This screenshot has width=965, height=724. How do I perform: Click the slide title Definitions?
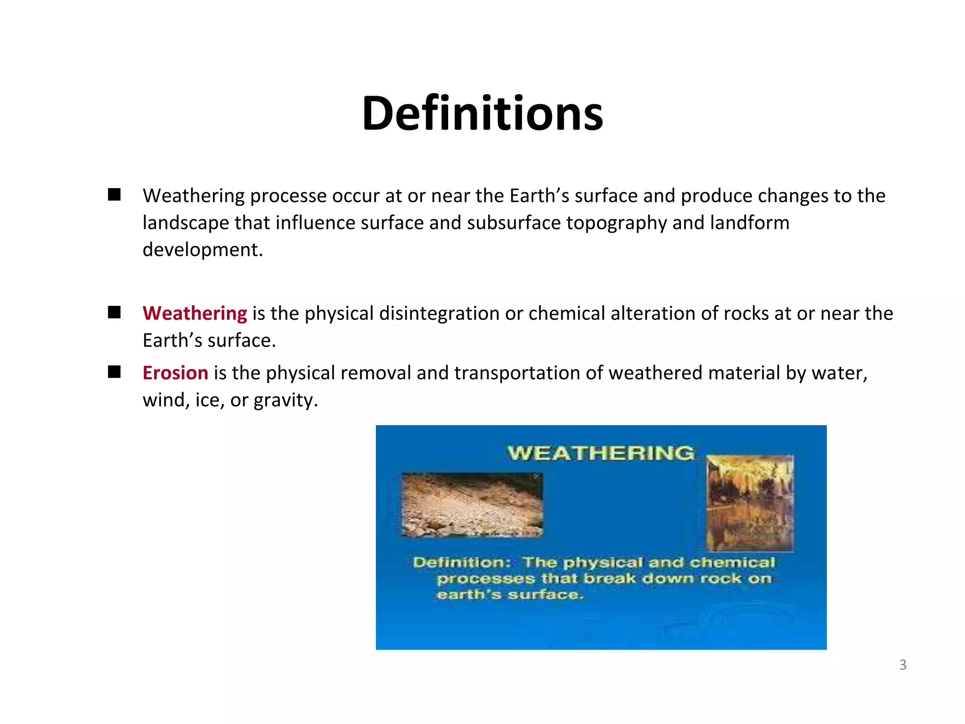[x=482, y=113]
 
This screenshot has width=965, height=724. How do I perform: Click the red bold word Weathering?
[x=195, y=313]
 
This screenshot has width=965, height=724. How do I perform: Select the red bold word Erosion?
[x=175, y=373]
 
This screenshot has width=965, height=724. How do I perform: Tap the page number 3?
[x=902, y=665]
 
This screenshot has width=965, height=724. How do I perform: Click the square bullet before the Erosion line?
[x=114, y=372]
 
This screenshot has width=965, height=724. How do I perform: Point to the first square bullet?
[x=114, y=195]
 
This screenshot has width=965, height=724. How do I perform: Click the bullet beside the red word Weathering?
[x=114, y=313]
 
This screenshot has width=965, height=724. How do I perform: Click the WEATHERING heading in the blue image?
[x=601, y=453]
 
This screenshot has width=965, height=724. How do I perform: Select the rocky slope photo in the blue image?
[x=472, y=505]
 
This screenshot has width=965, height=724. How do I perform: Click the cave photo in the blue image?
[x=750, y=503]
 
